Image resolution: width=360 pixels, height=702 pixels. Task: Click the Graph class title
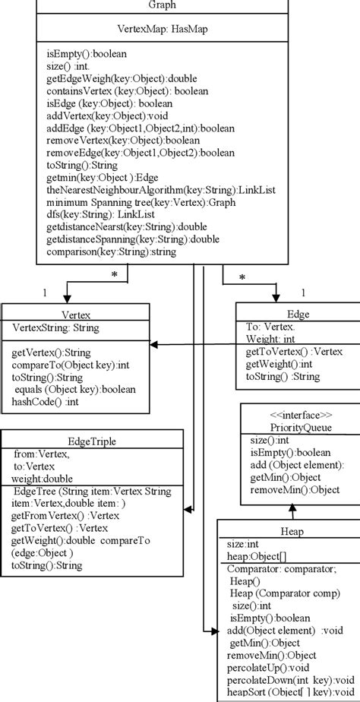[x=163, y=5]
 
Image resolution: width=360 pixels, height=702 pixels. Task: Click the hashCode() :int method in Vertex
[x=43, y=401]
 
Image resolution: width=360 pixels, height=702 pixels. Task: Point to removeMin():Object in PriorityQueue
[x=295, y=490]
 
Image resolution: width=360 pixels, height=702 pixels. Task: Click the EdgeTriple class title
[x=92, y=439]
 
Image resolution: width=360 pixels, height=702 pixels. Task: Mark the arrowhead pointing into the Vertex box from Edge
[x=154, y=345]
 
